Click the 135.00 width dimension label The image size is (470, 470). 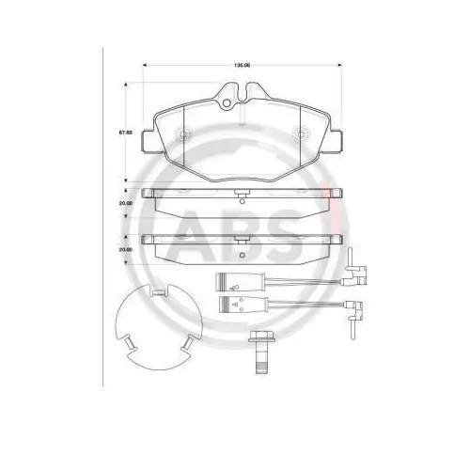click(x=243, y=65)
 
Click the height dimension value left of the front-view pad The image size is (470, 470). click(x=125, y=133)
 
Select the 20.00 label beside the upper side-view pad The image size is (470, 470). click(x=125, y=203)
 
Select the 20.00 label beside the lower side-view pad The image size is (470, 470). click(x=125, y=250)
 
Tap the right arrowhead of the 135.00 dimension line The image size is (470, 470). click(x=339, y=65)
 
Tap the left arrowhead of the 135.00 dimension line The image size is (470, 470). click(x=146, y=65)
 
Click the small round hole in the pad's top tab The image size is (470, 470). click(x=226, y=102)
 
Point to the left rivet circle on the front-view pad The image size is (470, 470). click(x=182, y=133)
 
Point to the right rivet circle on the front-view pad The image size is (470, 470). click(x=300, y=133)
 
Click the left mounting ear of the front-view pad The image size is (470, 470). click(x=149, y=142)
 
